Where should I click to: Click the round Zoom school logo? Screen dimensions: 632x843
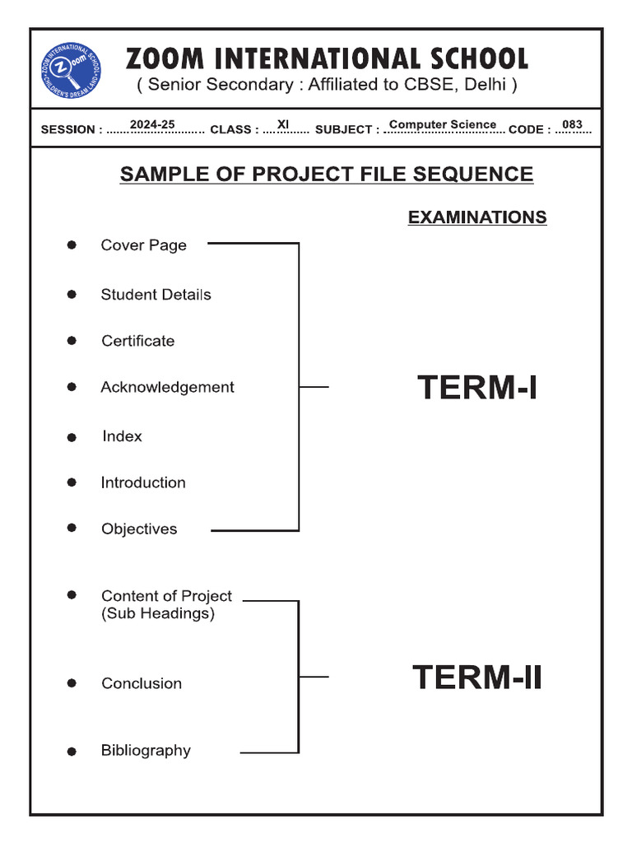(x=72, y=69)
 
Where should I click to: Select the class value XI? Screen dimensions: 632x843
(x=283, y=124)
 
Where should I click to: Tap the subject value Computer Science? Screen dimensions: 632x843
(x=443, y=124)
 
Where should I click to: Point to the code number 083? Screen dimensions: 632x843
(x=572, y=124)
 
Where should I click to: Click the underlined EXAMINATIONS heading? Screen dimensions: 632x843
(x=477, y=217)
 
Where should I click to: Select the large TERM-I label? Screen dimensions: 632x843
(x=477, y=387)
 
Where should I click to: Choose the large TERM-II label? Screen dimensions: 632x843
(x=477, y=678)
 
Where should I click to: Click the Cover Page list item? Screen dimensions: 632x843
(x=143, y=245)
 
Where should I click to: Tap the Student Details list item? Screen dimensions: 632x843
(x=156, y=295)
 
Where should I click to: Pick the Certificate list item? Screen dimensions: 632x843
(x=137, y=341)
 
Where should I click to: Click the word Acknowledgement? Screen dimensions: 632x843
(x=167, y=387)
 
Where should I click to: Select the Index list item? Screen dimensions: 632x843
(x=122, y=436)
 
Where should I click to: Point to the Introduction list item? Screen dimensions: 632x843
(x=143, y=482)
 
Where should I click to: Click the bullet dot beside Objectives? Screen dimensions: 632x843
(x=72, y=528)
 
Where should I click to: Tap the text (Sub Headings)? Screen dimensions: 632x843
(x=157, y=613)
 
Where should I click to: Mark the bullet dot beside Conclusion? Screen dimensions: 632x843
(x=72, y=683)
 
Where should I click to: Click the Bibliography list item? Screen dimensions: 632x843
(x=146, y=750)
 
